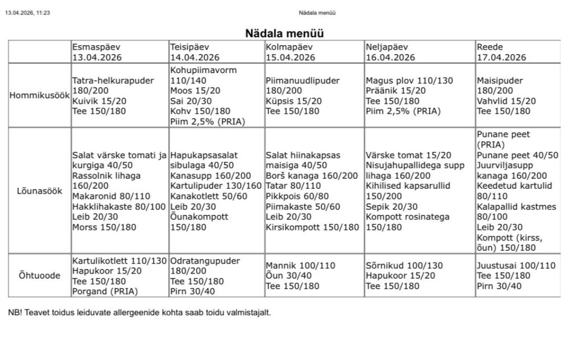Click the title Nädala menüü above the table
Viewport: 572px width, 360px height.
click(285, 33)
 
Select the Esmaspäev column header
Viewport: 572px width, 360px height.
click(96, 47)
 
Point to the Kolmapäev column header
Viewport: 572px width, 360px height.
click(289, 47)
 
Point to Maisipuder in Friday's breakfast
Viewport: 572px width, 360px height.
click(499, 80)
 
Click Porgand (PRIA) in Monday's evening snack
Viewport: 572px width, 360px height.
click(105, 291)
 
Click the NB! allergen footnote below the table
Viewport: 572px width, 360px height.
click(140, 313)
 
